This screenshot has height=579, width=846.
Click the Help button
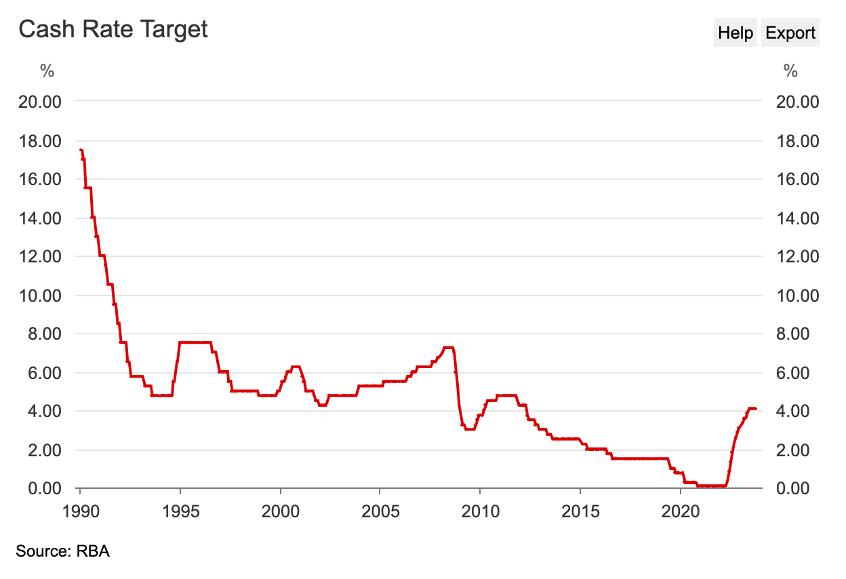(x=736, y=33)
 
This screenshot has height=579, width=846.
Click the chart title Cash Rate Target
(x=113, y=29)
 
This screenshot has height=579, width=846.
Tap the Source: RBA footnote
(x=62, y=551)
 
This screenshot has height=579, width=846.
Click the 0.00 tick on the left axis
(x=44, y=488)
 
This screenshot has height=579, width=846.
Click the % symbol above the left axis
(x=47, y=71)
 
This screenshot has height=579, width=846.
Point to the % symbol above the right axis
(x=790, y=71)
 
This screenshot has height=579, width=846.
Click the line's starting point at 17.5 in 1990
(x=81, y=150)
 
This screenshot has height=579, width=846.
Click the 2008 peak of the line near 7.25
(x=448, y=347)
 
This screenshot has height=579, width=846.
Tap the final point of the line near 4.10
(x=755, y=409)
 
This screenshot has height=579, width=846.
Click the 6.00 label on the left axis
(x=44, y=373)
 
